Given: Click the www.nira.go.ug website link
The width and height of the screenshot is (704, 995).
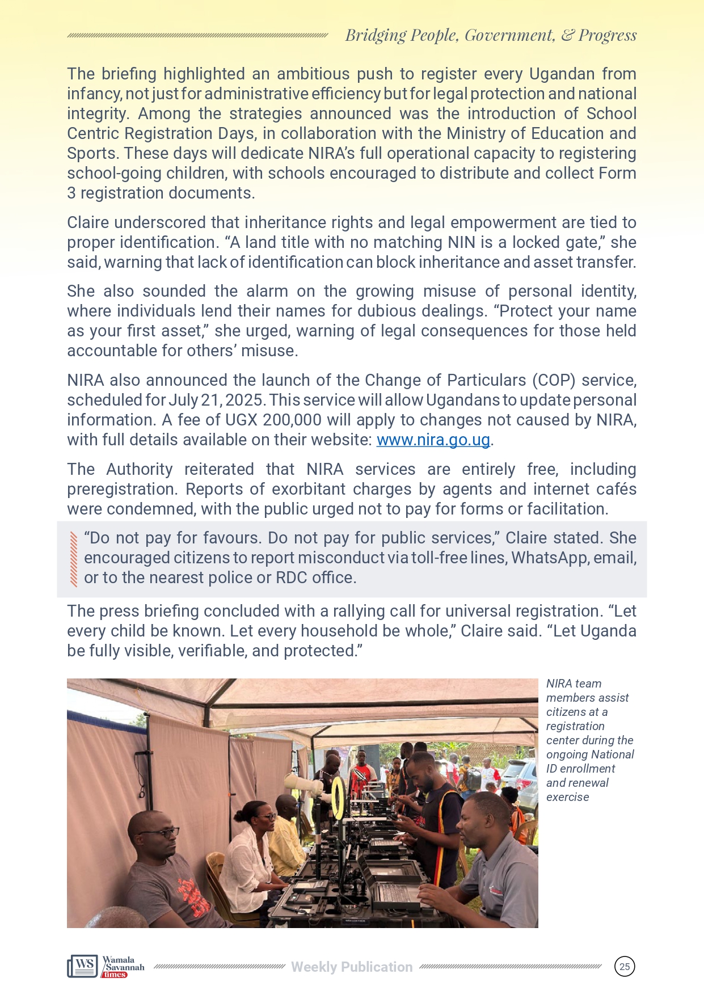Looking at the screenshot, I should [x=433, y=440].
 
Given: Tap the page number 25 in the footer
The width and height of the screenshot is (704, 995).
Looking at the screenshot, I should [x=625, y=967].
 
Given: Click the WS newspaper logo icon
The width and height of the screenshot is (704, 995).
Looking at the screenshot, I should [x=83, y=966].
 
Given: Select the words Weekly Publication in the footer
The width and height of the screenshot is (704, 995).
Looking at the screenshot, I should [x=352, y=967].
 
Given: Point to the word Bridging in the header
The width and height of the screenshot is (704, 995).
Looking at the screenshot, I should [x=376, y=35].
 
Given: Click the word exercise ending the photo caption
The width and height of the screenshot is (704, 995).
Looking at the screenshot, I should [x=567, y=797].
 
